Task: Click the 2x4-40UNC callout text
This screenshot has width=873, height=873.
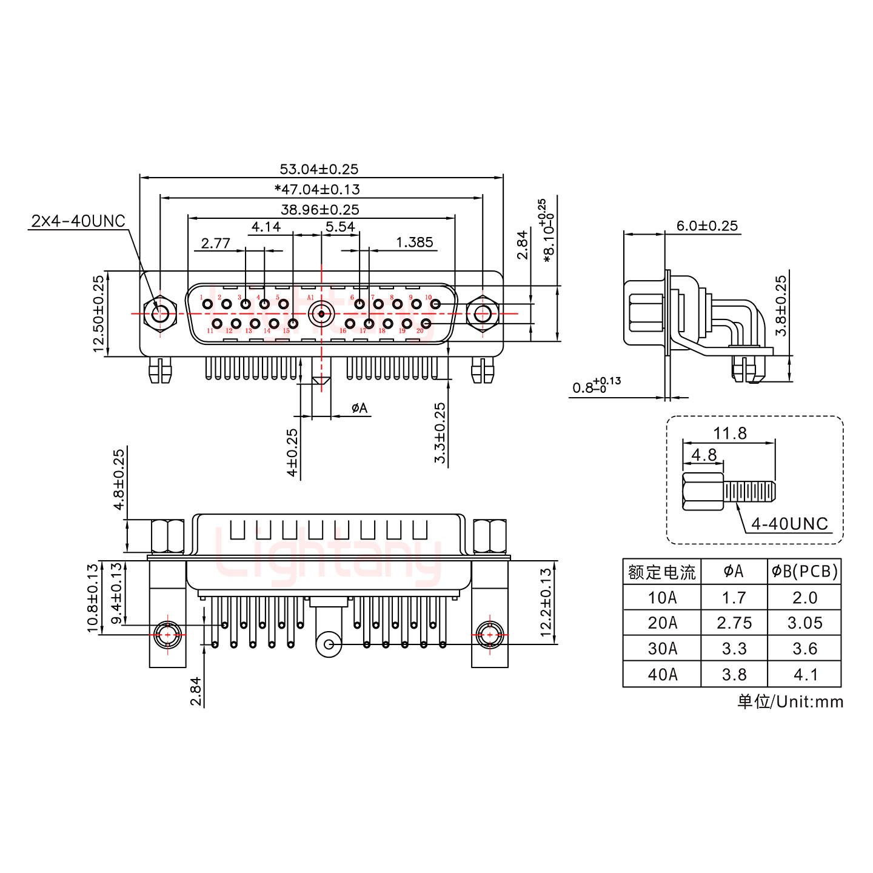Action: click(78, 221)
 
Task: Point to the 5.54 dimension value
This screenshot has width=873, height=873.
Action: click(339, 227)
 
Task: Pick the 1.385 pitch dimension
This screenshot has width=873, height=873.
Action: click(415, 242)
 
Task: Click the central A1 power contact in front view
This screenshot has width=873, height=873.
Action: click(320, 314)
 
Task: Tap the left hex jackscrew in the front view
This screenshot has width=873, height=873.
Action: click(160, 314)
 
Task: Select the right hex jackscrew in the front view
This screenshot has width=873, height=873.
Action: click(482, 314)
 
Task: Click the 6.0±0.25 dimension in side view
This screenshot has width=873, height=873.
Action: click(707, 226)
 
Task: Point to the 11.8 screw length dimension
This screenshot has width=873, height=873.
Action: click(730, 433)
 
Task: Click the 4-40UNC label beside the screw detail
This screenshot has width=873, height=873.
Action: click(789, 524)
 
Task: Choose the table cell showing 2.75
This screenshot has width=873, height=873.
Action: click(734, 623)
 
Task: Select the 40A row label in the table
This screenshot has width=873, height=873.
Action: click(661, 674)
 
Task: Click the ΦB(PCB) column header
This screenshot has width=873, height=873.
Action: click(804, 571)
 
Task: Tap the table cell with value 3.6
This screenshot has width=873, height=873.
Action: click(804, 649)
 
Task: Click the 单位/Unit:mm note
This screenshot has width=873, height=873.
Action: click(790, 701)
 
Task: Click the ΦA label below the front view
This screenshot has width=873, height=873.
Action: click(359, 408)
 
